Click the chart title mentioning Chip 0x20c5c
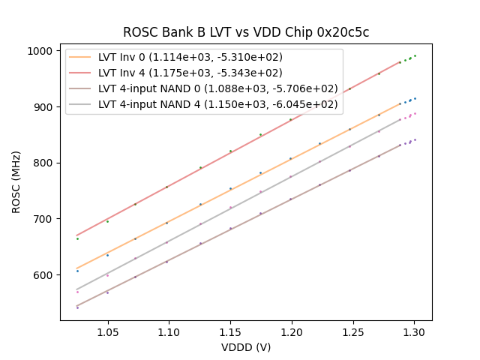tap(246, 33)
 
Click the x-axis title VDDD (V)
tap(246, 347)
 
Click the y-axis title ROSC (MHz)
tap(16, 181)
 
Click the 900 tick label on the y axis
tap(42, 107)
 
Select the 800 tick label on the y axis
tap(42, 163)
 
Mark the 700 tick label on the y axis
tap(42, 219)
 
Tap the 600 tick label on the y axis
tap(42, 275)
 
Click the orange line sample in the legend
tap(81, 57)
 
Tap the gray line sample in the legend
tap(81, 104)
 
